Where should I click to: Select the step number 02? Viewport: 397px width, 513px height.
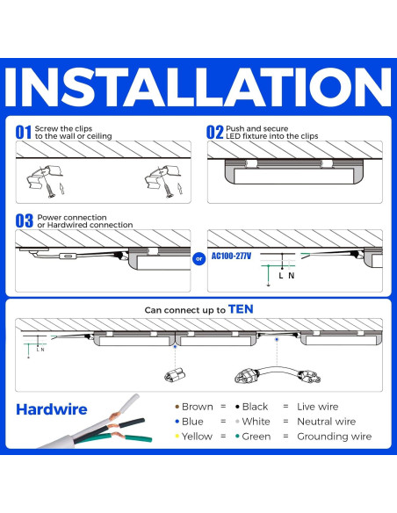pos(215,133)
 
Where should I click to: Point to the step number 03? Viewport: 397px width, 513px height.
pos(24,221)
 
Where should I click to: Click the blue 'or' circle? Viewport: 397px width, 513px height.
pos(198,258)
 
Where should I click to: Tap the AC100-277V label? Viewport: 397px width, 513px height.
pos(231,256)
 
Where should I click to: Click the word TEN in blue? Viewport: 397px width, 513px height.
pos(241,309)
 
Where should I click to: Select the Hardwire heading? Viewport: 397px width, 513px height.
pos(53,408)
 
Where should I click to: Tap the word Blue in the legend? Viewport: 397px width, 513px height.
pos(192,422)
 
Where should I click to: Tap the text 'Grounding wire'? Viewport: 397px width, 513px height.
pos(335,437)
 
